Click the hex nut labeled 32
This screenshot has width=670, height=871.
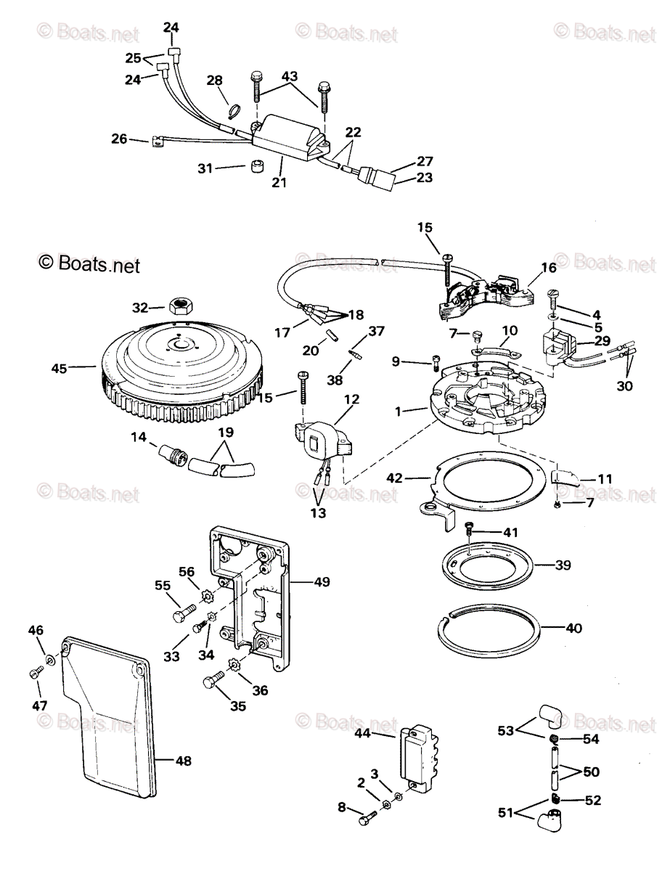click(x=179, y=306)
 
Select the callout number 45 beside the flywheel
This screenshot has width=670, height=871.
click(x=59, y=369)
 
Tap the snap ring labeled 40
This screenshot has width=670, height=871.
click(x=491, y=628)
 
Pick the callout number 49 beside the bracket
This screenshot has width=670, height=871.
click(x=321, y=581)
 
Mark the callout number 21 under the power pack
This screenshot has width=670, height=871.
click(x=279, y=182)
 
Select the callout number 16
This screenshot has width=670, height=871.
click(x=549, y=268)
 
